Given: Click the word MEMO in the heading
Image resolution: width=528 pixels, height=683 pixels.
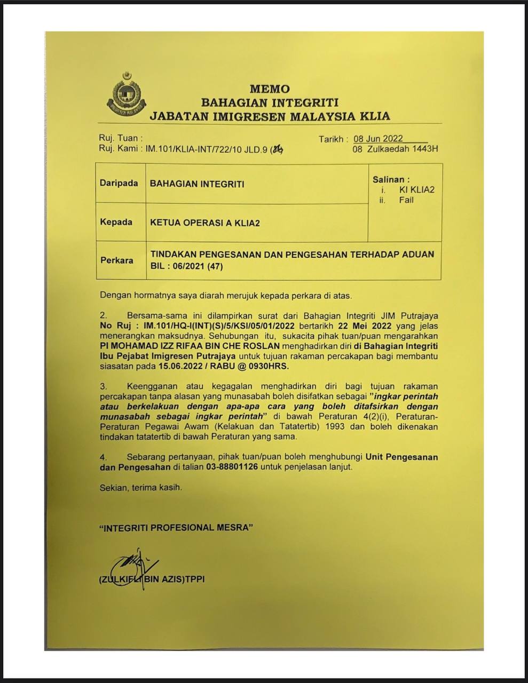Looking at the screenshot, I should [270, 89].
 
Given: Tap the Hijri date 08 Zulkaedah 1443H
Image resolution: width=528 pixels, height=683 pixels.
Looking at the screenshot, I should [395, 149].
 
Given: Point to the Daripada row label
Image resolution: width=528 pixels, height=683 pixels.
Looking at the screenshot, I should [116, 183].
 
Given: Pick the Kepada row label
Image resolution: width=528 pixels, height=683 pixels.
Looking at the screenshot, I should [116, 221].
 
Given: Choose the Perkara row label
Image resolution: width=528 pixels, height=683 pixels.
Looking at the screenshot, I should [116, 260].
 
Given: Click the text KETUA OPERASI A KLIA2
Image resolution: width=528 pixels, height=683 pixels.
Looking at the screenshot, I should [205, 223].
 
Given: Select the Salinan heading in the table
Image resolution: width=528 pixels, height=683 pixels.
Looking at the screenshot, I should [391, 180].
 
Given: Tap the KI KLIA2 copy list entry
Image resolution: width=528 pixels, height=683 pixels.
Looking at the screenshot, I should [416, 190].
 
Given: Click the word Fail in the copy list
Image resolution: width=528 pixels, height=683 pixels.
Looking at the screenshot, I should [406, 200].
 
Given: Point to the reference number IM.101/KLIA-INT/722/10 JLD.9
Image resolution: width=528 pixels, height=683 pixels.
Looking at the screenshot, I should [207, 149].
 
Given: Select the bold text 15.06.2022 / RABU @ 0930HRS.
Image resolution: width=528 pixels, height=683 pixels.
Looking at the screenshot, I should [224, 367].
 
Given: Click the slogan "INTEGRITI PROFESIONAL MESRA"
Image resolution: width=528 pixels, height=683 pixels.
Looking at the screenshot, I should [176, 528].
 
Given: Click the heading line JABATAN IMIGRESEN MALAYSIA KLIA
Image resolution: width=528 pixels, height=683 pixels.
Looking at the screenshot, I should [270, 116].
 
